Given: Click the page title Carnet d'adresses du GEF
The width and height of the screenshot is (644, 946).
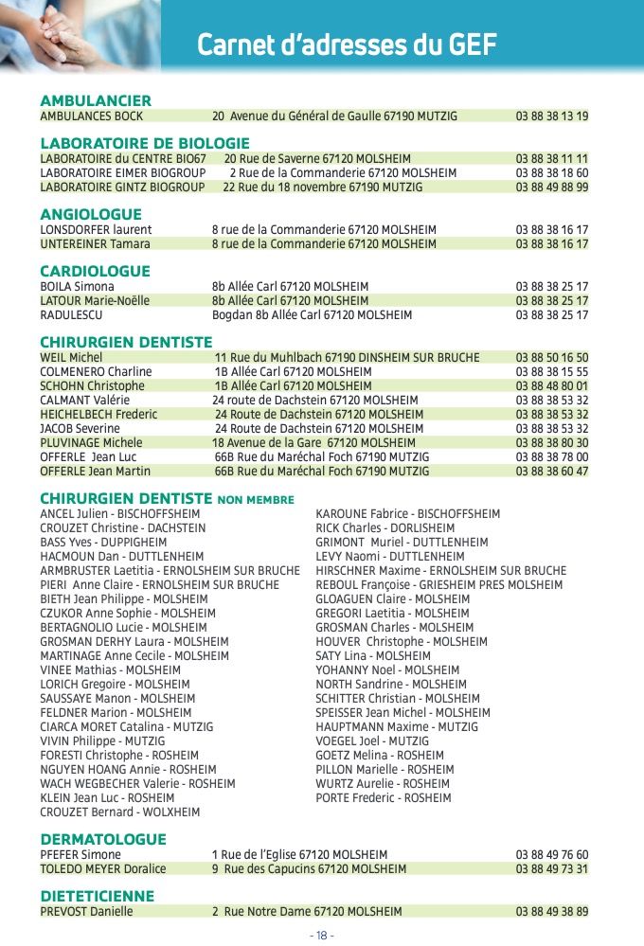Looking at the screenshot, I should pyautogui.click(x=347, y=45).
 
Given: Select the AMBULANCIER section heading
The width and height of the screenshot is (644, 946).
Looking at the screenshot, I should pyautogui.click(x=96, y=101).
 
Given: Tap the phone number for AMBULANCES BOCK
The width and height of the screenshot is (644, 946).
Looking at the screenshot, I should pyautogui.click(x=552, y=116).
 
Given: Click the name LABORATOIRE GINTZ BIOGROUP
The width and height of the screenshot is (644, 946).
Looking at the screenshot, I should pyautogui.click(x=122, y=187).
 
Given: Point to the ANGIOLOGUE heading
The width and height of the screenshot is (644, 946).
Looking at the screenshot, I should pyautogui.click(x=91, y=215).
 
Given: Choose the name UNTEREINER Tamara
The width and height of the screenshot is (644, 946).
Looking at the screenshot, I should pyautogui.click(x=95, y=244).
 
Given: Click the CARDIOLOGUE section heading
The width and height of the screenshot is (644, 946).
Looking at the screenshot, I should pyautogui.click(x=95, y=272).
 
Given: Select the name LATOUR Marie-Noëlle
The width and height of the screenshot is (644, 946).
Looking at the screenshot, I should pyautogui.click(x=95, y=301).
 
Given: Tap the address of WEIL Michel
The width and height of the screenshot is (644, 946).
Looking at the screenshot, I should pyautogui.click(x=347, y=358).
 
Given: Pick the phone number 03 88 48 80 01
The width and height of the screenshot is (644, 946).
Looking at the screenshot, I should pyautogui.click(x=552, y=386).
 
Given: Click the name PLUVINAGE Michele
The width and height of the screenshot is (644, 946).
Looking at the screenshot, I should pyautogui.click(x=91, y=443).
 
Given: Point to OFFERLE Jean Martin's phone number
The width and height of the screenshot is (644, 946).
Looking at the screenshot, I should pyautogui.click(x=552, y=472).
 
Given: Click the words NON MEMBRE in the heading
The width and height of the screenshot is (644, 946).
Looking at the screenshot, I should pyautogui.click(x=256, y=500).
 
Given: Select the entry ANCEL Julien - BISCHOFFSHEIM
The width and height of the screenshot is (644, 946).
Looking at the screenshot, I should pyautogui.click(x=120, y=514).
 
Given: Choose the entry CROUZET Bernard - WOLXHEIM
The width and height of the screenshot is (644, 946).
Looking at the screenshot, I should pyautogui.click(x=120, y=812).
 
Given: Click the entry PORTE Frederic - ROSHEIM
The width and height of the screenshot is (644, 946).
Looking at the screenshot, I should pyautogui.click(x=384, y=798).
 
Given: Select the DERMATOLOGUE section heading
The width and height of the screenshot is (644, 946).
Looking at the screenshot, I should pyautogui.click(x=103, y=840).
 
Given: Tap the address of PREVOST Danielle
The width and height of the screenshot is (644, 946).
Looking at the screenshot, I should pyautogui.click(x=307, y=912).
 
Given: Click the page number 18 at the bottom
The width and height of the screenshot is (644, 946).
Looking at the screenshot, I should pyautogui.click(x=322, y=936).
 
